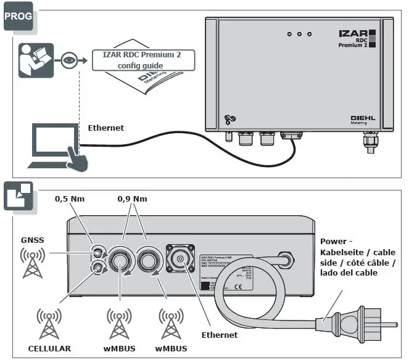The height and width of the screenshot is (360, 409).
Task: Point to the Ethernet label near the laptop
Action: (x=105, y=128)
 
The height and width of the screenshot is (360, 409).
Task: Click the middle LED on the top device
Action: (x=299, y=34)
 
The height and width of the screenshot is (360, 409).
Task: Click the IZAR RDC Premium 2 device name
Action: (x=353, y=38)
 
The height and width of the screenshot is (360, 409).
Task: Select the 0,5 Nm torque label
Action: (x=70, y=199)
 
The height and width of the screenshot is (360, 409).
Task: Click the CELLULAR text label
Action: (x=49, y=348)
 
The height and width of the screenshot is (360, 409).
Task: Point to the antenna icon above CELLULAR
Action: (x=49, y=323)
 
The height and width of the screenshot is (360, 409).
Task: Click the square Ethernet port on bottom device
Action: (x=180, y=261)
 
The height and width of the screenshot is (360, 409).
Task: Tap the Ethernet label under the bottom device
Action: (x=219, y=335)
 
